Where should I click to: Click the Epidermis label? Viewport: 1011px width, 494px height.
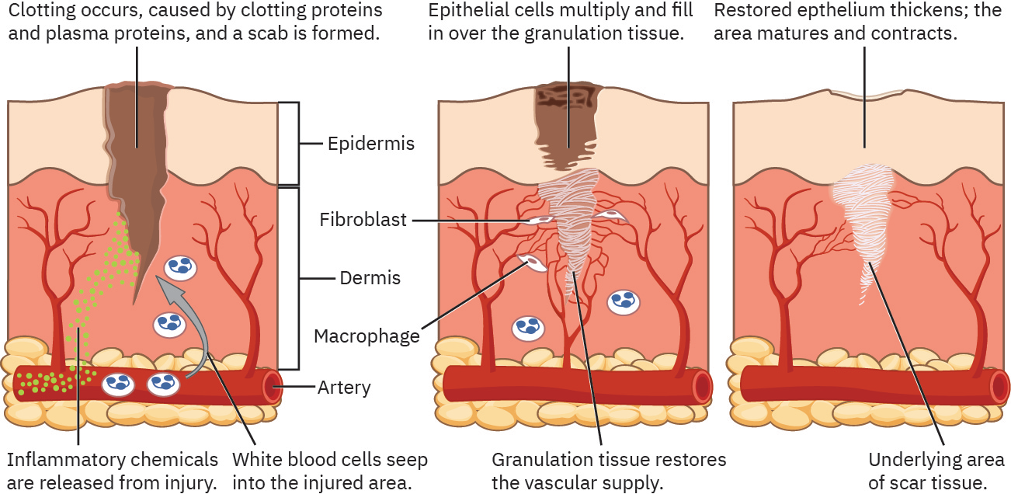pyautogui.click(x=370, y=144)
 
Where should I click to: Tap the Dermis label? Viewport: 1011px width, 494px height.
pyautogui.click(x=370, y=278)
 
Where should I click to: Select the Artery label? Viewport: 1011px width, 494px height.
pyautogui.click(x=344, y=387)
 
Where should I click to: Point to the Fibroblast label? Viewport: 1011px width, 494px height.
pyautogui.click(x=363, y=220)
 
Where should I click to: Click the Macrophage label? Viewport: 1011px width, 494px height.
pyautogui.click(x=367, y=336)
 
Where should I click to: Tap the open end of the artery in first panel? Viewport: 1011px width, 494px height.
pyautogui.click(x=273, y=386)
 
